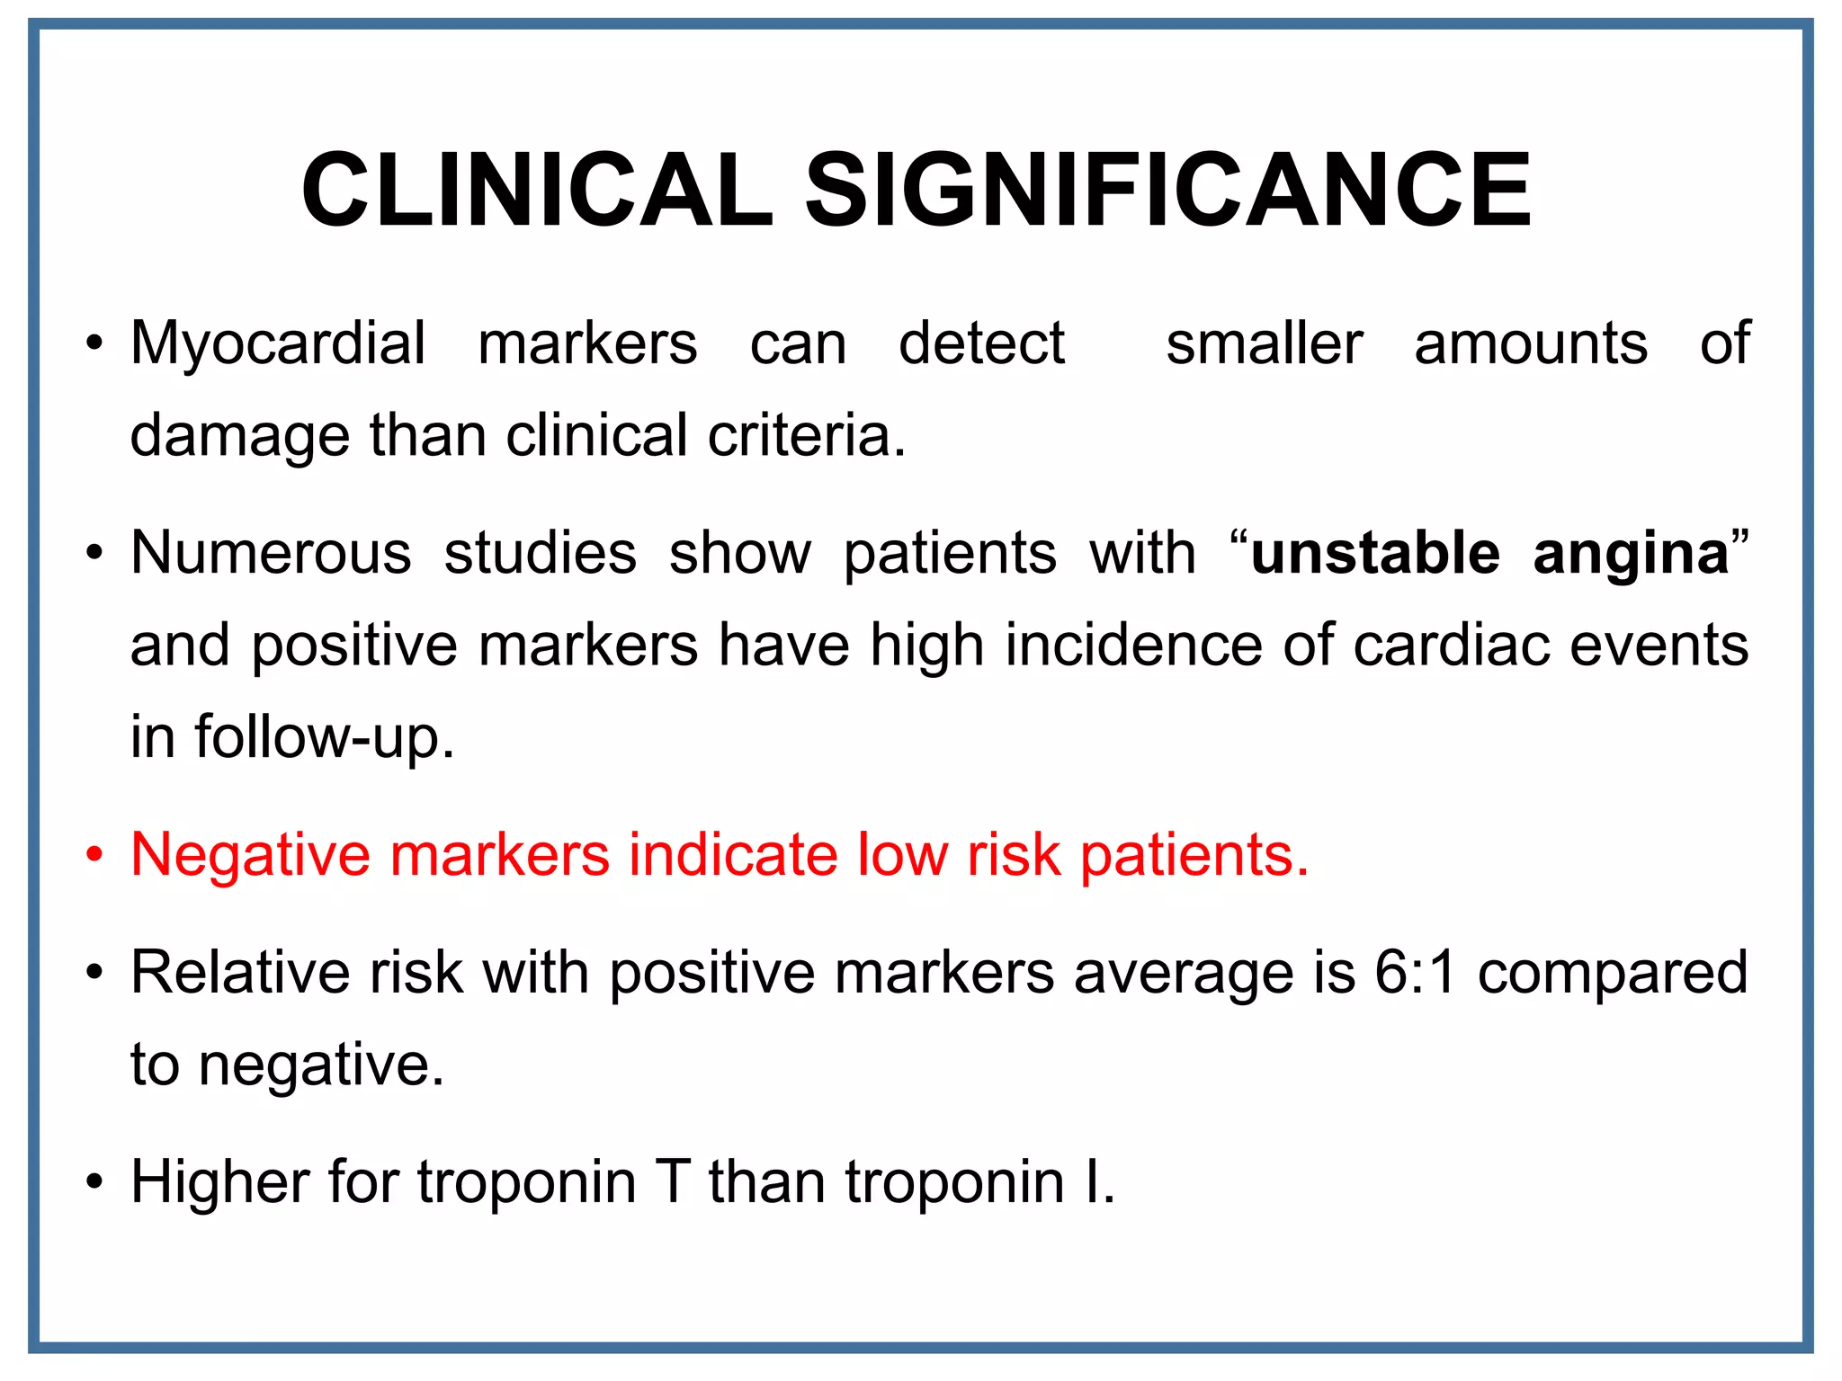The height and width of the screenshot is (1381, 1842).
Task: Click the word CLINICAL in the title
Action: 537,191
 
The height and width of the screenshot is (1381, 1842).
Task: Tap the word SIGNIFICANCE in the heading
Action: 1167,191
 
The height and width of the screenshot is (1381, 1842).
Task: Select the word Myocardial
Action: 278,344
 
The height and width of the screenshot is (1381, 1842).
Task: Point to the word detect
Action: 981,344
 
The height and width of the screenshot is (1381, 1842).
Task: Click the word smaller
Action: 1264,344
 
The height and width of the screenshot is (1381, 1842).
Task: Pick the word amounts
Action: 1531,344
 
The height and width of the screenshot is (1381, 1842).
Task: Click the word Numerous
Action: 271,553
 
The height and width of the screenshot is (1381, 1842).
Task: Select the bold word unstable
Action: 1375,553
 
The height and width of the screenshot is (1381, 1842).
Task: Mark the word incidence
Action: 1133,646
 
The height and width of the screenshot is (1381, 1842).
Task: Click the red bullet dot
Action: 94,855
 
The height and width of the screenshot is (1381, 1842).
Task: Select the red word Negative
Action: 250,855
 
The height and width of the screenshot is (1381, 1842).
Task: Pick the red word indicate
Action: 732,854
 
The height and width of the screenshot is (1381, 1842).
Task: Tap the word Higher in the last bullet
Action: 220,1182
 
